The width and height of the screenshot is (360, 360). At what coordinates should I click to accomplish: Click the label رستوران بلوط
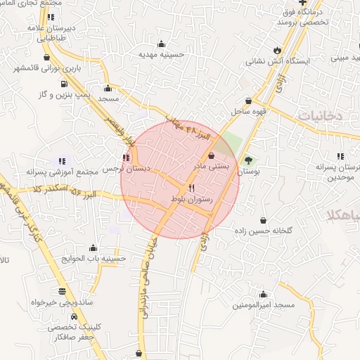point(191,201)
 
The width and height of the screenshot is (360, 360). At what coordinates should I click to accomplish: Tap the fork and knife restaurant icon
point(191,188)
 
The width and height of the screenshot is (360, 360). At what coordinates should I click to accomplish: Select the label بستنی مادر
point(211,167)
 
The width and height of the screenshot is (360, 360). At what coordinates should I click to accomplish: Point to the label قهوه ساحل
point(249,112)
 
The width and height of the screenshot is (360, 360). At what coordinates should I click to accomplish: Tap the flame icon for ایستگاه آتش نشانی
point(278,50)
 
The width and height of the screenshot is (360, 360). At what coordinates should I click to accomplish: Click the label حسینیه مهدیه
point(161,54)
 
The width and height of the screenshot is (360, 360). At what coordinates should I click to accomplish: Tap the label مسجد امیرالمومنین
point(263,306)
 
